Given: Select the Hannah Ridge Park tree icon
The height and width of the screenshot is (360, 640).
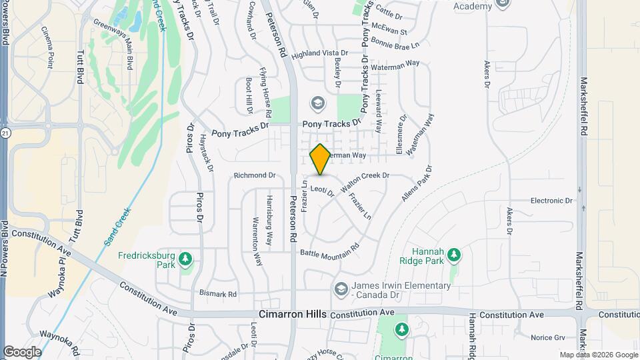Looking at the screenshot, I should [x=454, y=255].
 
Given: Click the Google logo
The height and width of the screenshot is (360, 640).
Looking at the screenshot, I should [x=22, y=351].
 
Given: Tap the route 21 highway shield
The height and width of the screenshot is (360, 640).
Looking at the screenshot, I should [x=5, y=134].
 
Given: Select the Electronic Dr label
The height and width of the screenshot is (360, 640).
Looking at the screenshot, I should [x=551, y=200].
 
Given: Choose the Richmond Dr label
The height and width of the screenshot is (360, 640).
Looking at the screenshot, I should [x=255, y=175].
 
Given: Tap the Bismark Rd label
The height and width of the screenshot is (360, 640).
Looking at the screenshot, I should [x=218, y=293].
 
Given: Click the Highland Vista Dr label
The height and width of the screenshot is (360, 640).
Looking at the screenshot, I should [x=320, y=53].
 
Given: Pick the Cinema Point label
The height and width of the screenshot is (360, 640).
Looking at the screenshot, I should [x=47, y=48].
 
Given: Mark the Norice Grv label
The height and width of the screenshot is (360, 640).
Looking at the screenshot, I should [x=549, y=338].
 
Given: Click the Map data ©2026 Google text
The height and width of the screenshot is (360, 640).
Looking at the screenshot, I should [x=598, y=355].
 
